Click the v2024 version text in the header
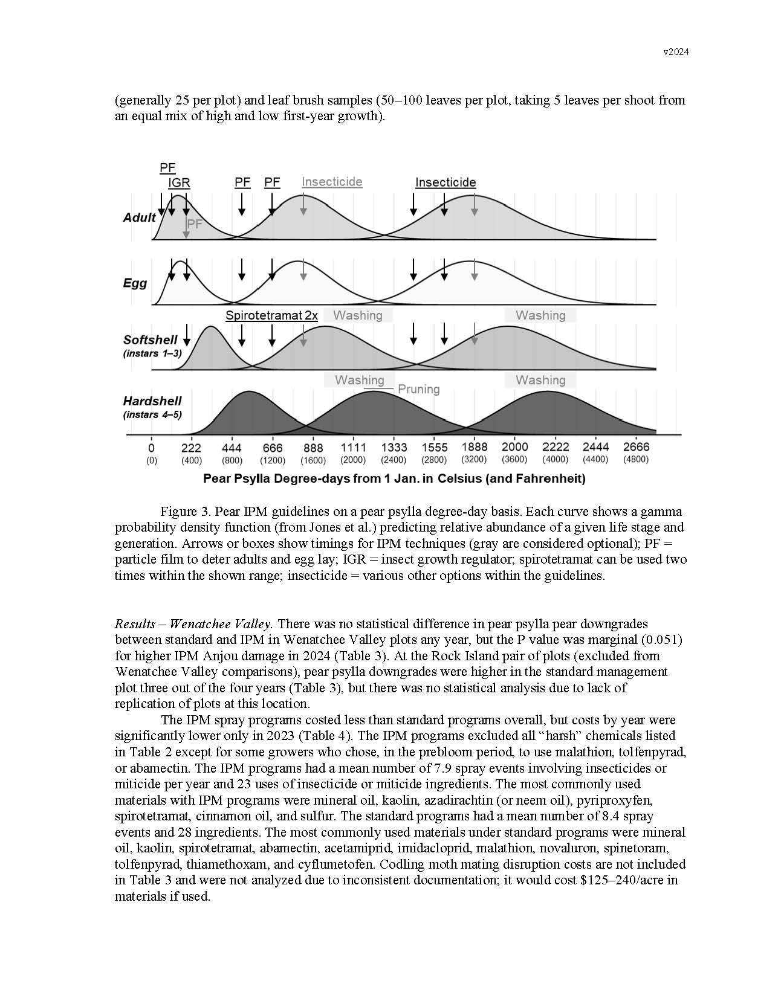(x=676, y=51)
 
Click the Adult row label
(x=139, y=217)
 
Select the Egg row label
(x=135, y=283)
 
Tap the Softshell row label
(x=150, y=339)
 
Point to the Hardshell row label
(x=152, y=401)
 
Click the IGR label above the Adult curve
(x=179, y=182)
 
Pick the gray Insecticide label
(x=332, y=182)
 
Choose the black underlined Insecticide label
(x=446, y=182)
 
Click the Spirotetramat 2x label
(x=271, y=315)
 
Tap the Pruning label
(x=418, y=389)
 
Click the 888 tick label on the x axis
(x=313, y=448)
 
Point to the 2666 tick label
(x=636, y=447)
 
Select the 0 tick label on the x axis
(x=151, y=448)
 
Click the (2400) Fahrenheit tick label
(x=394, y=460)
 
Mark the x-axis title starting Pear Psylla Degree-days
(x=394, y=478)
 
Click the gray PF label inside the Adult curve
(x=194, y=224)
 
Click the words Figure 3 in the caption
(x=184, y=511)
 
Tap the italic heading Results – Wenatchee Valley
(x=193, y=623)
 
